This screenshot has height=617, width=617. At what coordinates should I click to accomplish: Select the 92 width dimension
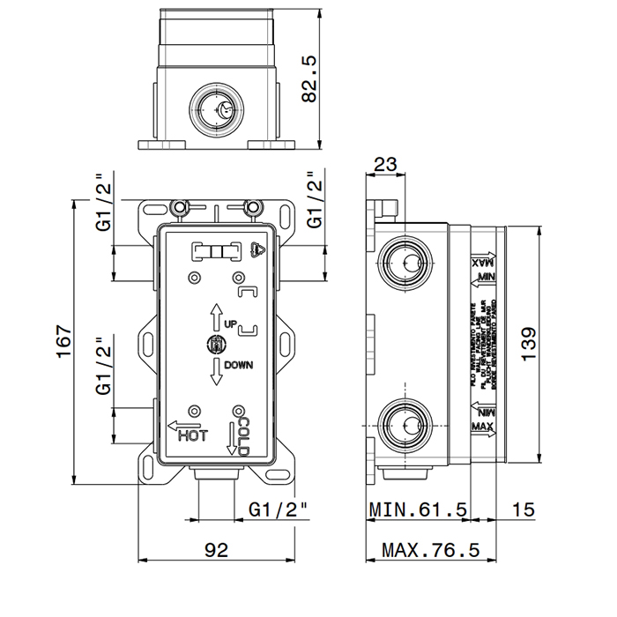pos(216,550)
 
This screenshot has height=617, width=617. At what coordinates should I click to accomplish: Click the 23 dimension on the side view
pos(385,164)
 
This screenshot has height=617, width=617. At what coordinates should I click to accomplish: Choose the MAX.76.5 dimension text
pos(429,550)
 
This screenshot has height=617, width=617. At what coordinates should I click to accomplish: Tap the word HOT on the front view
pos(192,435)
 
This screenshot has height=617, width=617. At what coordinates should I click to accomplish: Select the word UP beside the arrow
pos(230,323)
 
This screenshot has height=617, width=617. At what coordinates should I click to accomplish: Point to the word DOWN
pos(238,365)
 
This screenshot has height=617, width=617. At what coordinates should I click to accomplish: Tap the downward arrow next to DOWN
pos(214,371)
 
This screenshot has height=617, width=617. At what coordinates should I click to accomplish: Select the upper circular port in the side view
pos(408,261)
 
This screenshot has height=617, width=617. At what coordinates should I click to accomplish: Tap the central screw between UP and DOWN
pos(214,345)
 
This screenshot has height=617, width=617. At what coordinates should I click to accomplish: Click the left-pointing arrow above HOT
pos(182,422)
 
